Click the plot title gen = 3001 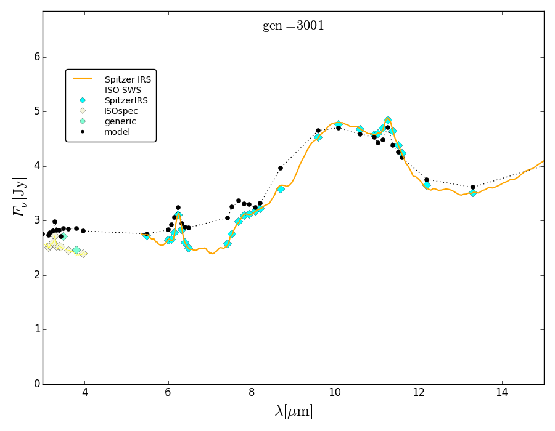(x=293, y=26)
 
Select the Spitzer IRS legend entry (x=128, y=79)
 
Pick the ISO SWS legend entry (x=123, y=90)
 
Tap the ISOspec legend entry (x=121, y=111)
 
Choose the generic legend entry (x=120, y=121)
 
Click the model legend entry (x=117, y=132)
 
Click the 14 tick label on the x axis (x=502, y=393)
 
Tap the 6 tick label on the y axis (x=36, y=57)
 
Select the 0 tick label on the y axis (x=36, y=384)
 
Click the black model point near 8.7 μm (x=281, y=168)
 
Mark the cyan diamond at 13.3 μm (x=473, y=193)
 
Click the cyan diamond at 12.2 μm (x=427, y=185)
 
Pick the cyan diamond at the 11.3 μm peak (x=388, y=121)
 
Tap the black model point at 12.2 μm (x=427, y=180)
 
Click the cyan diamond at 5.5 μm (x=146, y=236)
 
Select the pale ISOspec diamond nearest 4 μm (x=83, y=254)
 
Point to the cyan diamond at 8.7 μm (x=281, y=189)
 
